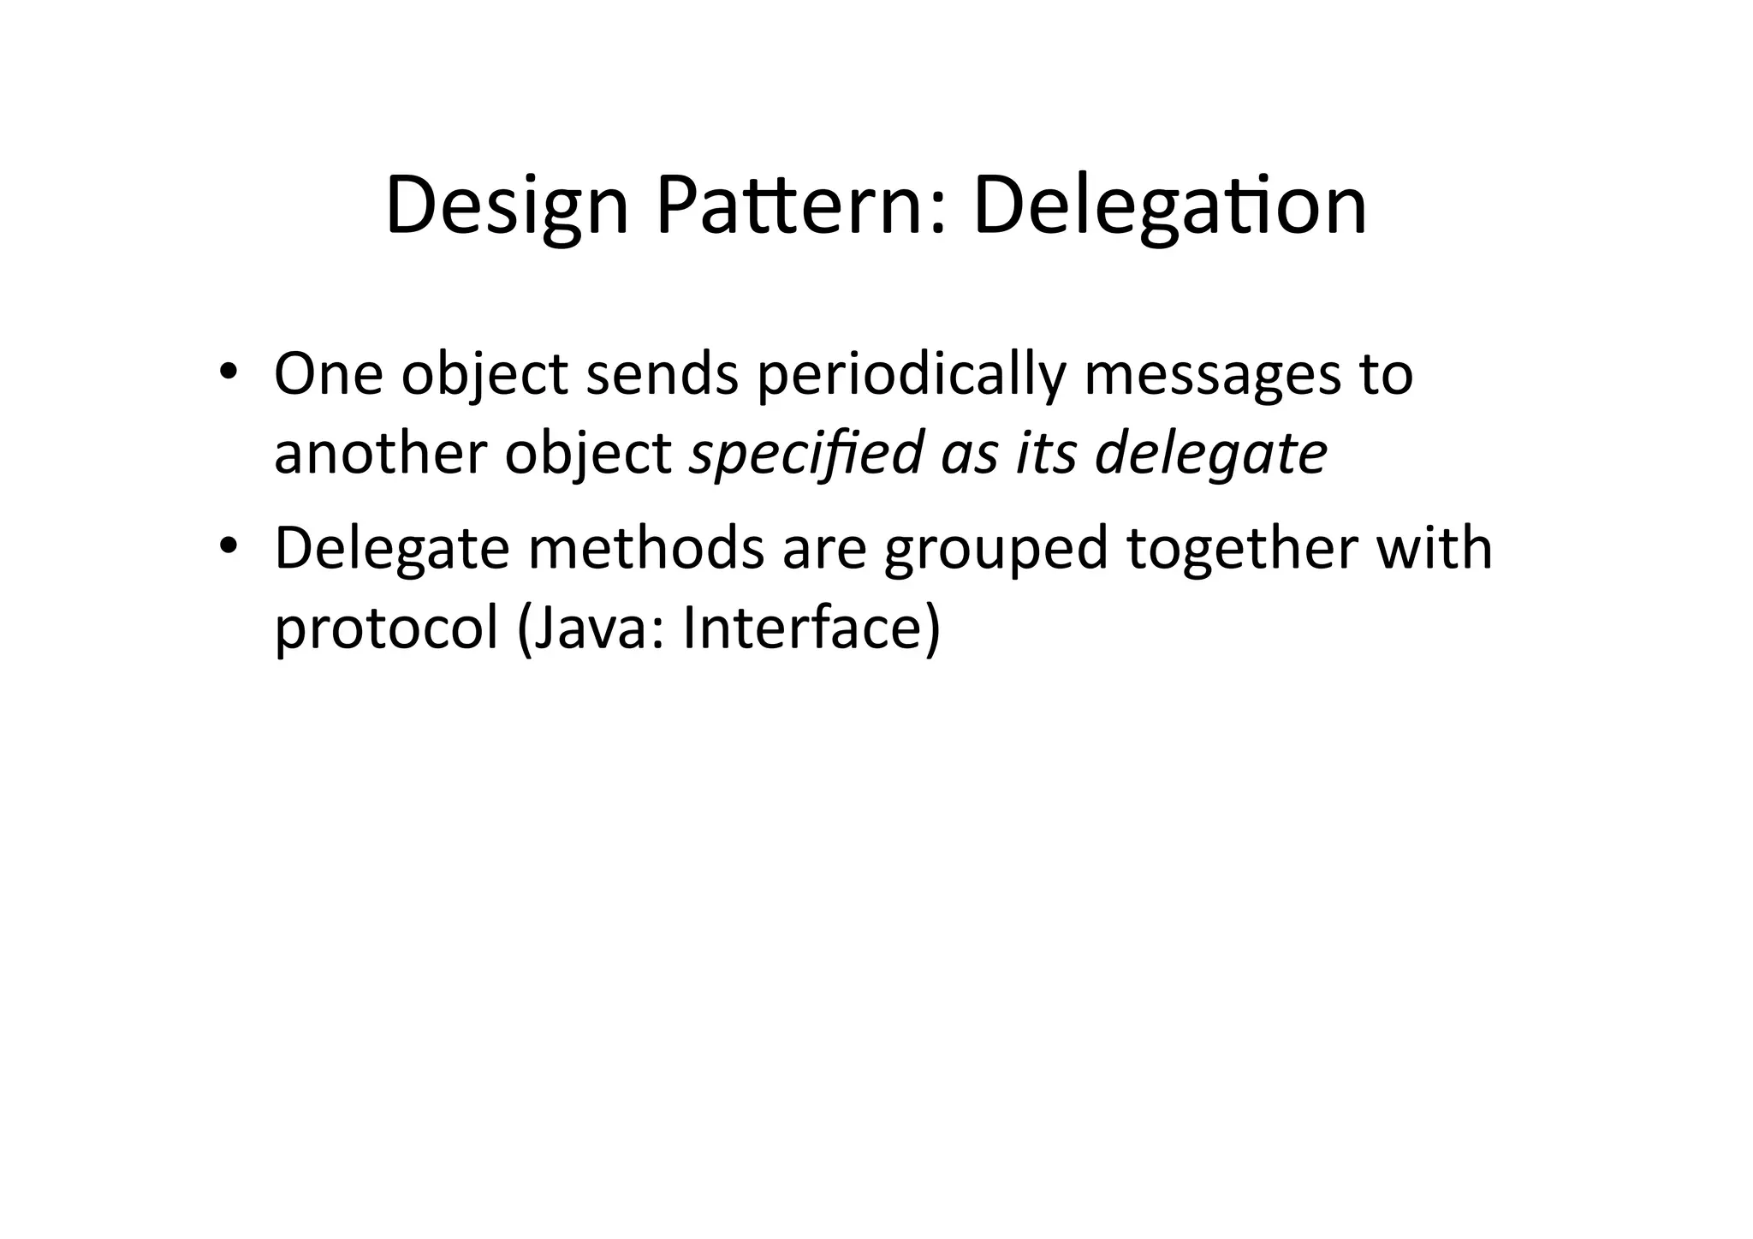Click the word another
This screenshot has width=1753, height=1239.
click(380, 453)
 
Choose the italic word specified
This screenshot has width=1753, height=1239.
click(805, 453)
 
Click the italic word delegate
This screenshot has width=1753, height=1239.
click(1211, 453)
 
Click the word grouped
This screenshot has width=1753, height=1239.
click(996, 551)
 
